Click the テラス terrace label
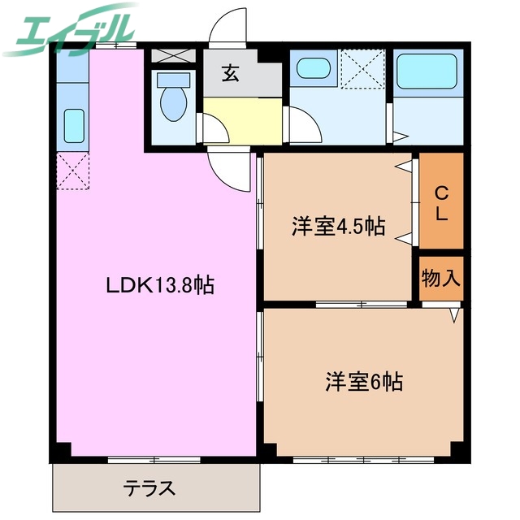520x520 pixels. tap(149, 489)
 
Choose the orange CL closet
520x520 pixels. tap(441, 201)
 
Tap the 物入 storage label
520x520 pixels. tap(441, 279)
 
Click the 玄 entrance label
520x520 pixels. tap(230, 75)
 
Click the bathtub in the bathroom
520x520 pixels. tap(427, 75)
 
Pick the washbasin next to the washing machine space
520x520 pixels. tap(312, 68)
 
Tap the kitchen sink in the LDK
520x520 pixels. tap(73, 124)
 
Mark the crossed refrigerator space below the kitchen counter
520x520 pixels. tap(71, 171)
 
